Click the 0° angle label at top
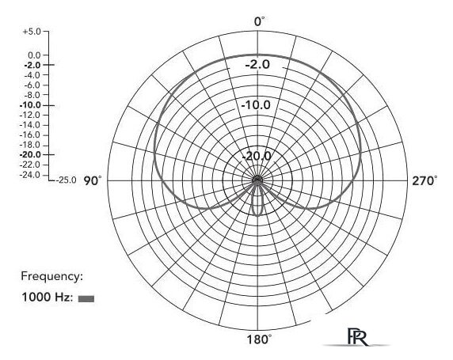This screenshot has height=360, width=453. (x=259, y=21)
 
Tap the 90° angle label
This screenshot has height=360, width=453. (x=93, y=181)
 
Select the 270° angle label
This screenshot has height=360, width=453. (x=424, y=181)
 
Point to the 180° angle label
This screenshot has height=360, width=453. (x=259, y=339)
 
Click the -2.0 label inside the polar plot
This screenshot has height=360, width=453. (x=257, y=64)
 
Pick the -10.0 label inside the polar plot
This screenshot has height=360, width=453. (x=256, y=104)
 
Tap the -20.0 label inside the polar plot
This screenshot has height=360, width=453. (x=257, y=156)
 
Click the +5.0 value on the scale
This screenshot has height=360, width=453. (x=32, y=31)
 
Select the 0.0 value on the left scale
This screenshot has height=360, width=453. (x=34, y=55)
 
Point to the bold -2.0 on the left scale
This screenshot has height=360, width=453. (x=32, y=65)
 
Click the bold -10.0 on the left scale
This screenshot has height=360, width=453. (x=30, y=105)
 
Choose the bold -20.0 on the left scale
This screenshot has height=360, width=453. (x=30, y=155)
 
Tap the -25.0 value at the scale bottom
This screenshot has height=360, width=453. (x=67, y=180)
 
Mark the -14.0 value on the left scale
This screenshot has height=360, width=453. (x=30, y=125)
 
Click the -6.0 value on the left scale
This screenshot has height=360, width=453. (x=32, y=85)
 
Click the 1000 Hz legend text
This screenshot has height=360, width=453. (x=48, y=297)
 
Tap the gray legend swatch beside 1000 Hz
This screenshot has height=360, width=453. (x=86, y=298)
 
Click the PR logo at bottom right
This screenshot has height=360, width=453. (x=358, y=336)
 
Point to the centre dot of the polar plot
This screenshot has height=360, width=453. (x=257, y=180)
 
